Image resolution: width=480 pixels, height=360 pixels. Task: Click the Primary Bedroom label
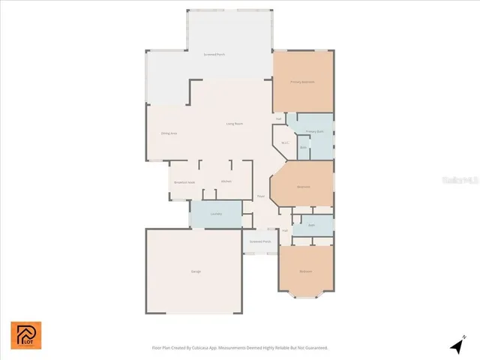[302, 81]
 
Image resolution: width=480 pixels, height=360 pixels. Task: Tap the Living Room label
[235, 123]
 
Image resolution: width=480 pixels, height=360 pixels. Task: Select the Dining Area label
[169, 133]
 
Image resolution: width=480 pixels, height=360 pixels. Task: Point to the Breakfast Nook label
[184, 182]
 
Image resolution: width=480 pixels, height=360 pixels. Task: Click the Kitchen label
[226, 181]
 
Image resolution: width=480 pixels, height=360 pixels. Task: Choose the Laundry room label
[215, 214]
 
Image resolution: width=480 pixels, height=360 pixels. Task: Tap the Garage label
[196, 271]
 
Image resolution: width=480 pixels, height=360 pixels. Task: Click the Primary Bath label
[315, 131]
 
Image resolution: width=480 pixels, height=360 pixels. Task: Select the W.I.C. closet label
[285, 143]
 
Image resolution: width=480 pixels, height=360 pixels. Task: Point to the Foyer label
[261, 196]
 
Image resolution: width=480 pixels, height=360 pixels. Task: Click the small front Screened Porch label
[260, 241]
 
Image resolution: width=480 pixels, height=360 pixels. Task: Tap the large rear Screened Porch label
[214, 55]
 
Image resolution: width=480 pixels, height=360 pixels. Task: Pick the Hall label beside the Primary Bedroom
[278, 118]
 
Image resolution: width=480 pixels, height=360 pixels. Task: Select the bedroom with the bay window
[306, 271]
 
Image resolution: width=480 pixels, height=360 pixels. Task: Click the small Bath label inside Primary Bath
[303, 147]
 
